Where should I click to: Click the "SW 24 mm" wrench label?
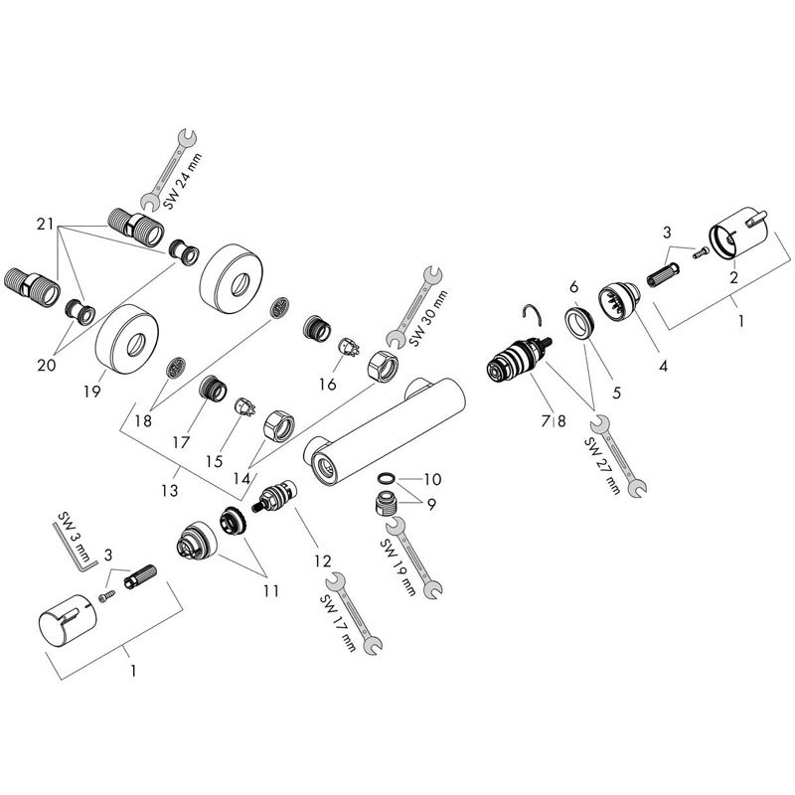(x=183, y=181)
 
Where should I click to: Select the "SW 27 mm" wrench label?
(x=602, y=465)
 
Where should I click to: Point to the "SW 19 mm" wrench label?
(x=398, y=567)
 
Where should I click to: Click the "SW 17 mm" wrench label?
(x=338, y=623)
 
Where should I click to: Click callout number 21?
(x=45, y=224)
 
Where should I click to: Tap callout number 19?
(x=92, y=392)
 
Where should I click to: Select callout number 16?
(x=328, y=385)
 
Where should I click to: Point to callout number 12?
(x=322, y=560)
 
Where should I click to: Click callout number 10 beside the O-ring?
(x=432, y=479)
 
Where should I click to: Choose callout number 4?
(x=663, y=365)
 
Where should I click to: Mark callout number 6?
(x=573, y=287)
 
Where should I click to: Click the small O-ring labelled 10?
(x=386, y=478)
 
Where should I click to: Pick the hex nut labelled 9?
(x=387, y=504)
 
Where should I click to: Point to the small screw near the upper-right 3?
(x=701, y=252)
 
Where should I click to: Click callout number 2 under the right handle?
(x=733, y=277)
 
